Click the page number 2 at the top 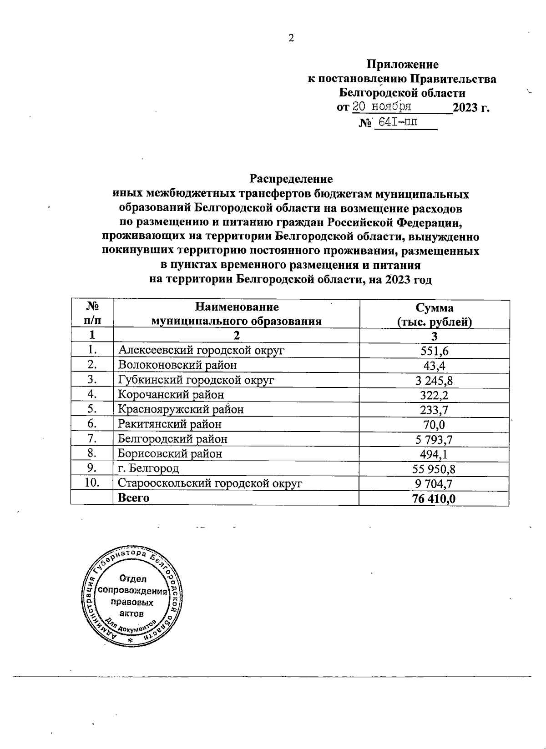click(x=292, y=38)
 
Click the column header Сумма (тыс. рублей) click(x=434, y=315)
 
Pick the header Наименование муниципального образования click(x=236, y=315)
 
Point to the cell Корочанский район click(x=171, y=395)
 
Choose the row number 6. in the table click(x=92, y=424)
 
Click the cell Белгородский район click(x=172, y=439)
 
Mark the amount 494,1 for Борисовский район click(x=435, y=454)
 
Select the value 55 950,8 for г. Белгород click(x=435, y=469)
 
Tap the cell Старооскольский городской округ click(x=210, y=483)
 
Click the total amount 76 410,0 click(x=434, y=498)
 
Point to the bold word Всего click(x=133, y=498)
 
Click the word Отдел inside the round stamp click(x=133, y=579)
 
